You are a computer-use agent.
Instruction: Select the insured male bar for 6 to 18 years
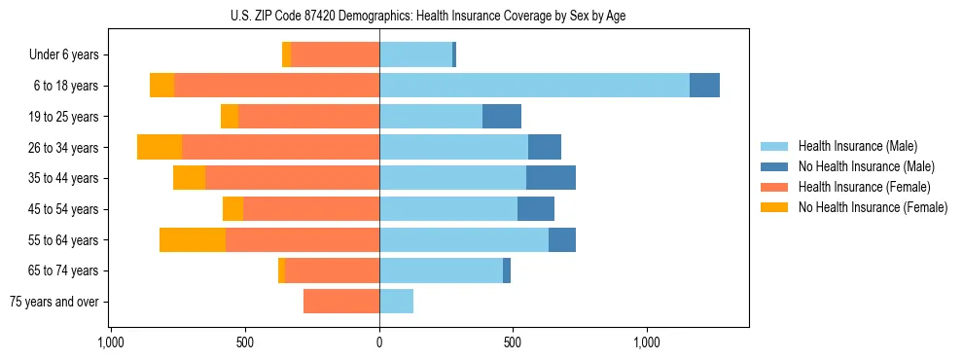tap(534, 86)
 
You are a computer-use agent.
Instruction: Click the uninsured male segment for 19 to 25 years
tap(501, 117)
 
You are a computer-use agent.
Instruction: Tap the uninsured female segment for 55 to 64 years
tap(193, 239)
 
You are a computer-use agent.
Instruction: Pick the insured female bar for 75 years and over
tap(340, 302)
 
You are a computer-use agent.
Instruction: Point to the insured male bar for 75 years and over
tap(396, 302)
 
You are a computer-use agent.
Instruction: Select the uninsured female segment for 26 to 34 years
tap(160, 147)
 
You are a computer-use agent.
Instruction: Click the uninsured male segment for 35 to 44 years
tap(551, 178)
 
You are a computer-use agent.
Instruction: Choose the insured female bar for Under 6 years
tap(335, 54)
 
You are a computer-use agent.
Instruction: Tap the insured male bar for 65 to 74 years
tap(441, 270)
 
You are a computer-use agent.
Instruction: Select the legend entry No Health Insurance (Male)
tap(866, 166)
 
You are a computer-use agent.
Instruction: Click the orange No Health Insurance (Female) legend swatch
tap(774, 207)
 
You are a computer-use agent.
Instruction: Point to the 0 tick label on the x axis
tap(379, 342)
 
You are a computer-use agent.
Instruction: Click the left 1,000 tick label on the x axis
tap(111, 342)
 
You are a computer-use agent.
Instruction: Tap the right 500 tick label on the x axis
tap(514, 342)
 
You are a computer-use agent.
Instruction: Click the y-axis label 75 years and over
tap(54, 302)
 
